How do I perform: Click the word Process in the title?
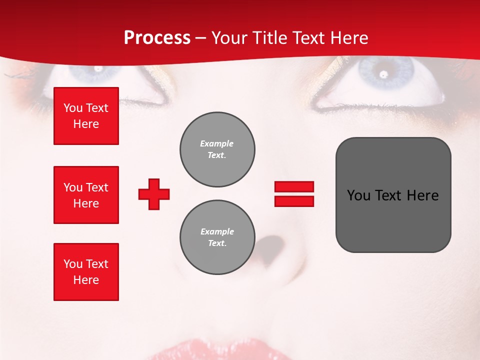[157, 38]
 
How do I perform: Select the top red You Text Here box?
[86, 116]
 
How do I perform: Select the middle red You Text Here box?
[86, 195]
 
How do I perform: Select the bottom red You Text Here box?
[86, 272]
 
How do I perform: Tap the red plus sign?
[154, 194]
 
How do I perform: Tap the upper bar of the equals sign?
[294, 186]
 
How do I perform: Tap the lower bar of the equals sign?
[294, 201]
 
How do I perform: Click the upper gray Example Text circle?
[217, 149]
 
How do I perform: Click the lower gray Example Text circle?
[217, 237]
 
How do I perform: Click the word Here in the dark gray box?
[422, 195]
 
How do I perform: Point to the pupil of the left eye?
[98, 68]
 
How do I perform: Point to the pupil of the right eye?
[383, 75]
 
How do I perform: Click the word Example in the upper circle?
[217, 143]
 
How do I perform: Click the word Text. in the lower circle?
[217, 243]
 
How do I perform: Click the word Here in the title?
[348, 38]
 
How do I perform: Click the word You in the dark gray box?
[358, 195]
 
